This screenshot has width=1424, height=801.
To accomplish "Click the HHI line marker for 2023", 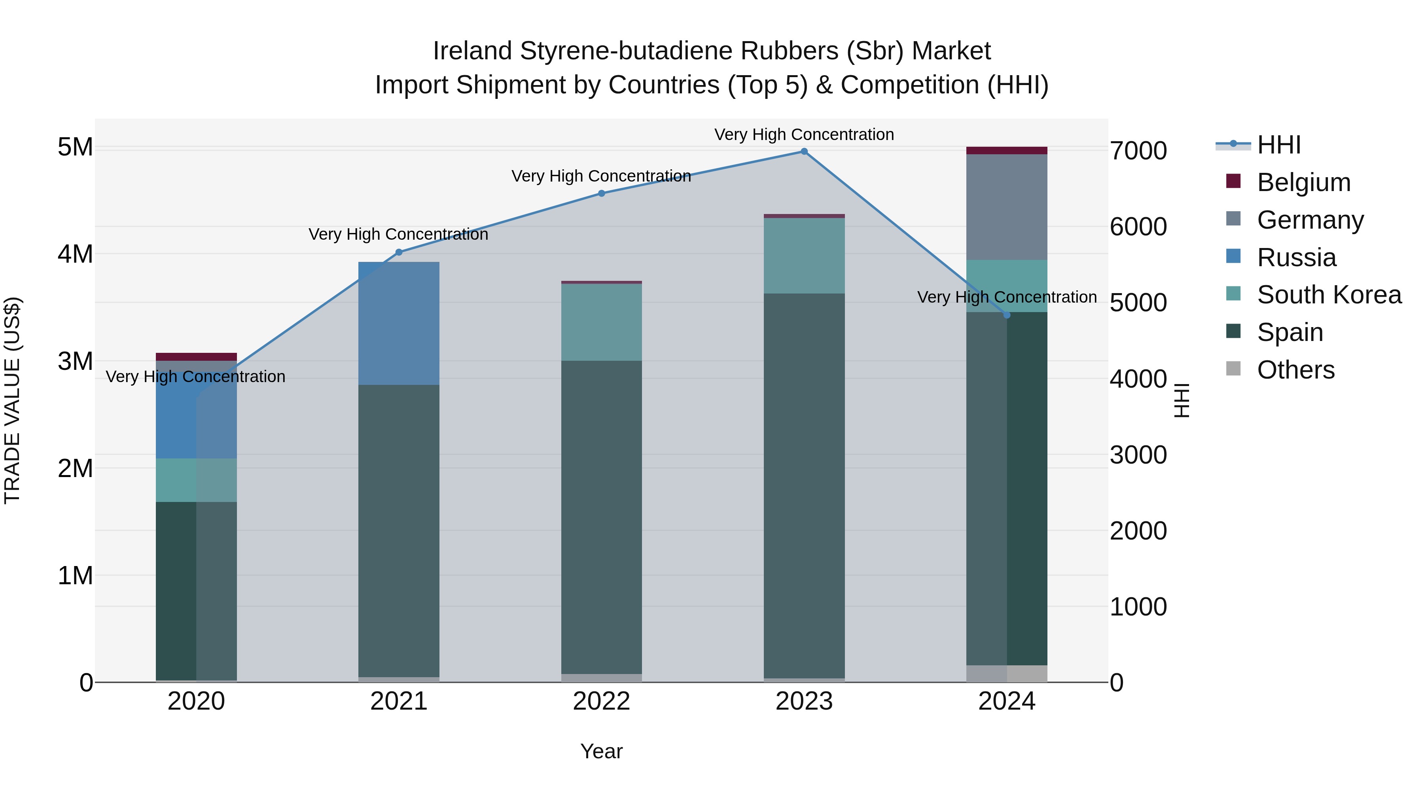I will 804,151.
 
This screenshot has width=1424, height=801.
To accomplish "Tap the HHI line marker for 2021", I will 399,252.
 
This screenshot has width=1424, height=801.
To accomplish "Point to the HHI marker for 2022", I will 601,193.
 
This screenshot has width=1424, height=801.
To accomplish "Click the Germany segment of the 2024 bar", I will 1007,207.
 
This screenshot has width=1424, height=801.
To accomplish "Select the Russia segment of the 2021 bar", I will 399,324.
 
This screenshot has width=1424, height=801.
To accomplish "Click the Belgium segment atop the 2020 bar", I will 196,356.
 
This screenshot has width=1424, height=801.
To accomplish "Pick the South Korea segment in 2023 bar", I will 804,256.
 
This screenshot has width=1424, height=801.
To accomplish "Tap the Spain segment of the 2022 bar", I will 601,517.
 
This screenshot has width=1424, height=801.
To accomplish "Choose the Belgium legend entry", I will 1303,182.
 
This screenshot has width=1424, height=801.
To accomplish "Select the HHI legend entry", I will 1278,145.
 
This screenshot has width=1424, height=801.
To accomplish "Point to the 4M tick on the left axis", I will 75,254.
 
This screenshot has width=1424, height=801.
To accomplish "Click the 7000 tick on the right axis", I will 1138,151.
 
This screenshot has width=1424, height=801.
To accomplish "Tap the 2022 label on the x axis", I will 601,701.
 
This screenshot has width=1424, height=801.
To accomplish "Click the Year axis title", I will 601,751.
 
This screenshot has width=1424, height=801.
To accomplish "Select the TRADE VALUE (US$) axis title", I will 12,400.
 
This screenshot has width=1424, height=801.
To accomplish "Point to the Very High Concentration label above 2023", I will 804,134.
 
